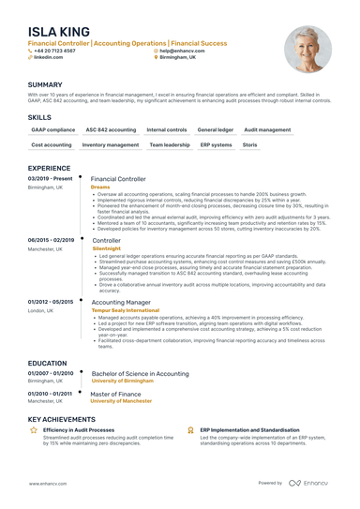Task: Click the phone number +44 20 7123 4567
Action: pos(55,51)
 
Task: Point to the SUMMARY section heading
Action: pos(45,84)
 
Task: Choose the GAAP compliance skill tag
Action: pos(52,129)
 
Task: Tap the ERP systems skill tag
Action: pos(216,145)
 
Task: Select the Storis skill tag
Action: pos(250,145)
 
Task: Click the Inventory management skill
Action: pos(110,145)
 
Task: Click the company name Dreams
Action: pos(100,187)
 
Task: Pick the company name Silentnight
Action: pos(107,248)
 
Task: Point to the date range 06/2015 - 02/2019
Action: pos(51,240)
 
